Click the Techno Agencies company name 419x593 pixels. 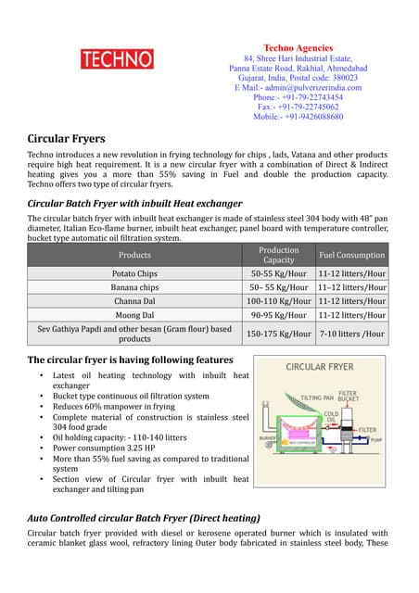tap(298, 48)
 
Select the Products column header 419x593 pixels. tap(134, 255)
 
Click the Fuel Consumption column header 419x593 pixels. tap(351, 255)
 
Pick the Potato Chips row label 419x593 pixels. tap(134, 274)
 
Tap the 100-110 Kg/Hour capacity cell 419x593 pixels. tap(278, 302)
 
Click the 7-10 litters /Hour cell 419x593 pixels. tap(351, 334)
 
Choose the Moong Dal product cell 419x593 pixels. tap(134, 316)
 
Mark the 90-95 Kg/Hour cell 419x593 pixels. tap(278, 316)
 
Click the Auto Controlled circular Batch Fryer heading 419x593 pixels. tap(144, 517)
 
